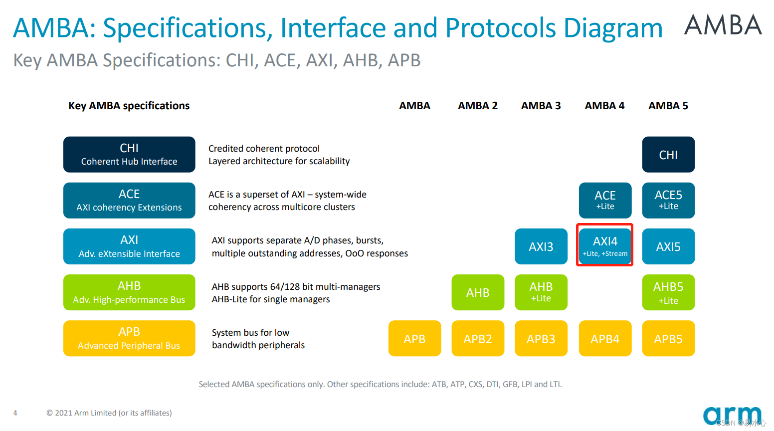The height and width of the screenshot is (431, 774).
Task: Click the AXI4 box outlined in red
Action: [x=605, y=245]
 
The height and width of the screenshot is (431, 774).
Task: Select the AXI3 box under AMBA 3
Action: [x=541, y=246]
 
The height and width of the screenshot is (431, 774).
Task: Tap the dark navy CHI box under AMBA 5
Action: [x=668, y=155]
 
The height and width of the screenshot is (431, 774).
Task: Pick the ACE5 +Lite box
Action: [x=668, y=200]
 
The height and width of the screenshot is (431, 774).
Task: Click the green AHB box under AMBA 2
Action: [x=478, y=292]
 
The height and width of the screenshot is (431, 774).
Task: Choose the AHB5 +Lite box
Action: [x=668, y=292]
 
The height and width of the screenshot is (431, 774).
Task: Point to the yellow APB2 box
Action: [x=478, y=339]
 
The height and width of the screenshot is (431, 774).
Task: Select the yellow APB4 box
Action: [x=605, y=339]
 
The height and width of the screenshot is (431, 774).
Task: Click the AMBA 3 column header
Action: [x=541, y=106]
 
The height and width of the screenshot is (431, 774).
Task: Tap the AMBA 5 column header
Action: [x=668, y=106]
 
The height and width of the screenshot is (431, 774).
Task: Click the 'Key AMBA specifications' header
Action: [x=129, y=106]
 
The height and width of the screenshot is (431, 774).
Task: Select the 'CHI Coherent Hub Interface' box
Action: [x=129, y=155]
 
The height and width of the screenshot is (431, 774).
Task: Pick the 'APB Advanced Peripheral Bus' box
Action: [x=129, y=338]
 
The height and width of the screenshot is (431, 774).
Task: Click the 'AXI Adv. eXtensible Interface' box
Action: [x=129, y=246]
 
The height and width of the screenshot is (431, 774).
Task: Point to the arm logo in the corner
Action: [x=732, y=416]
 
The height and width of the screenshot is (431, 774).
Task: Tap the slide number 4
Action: [x=15, y=413]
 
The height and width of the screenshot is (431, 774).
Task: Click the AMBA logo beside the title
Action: [x=723, y=25]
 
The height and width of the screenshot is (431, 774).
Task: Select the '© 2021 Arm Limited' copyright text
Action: [x=109, y=413]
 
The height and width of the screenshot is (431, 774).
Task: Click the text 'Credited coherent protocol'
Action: [x=264, y=149]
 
